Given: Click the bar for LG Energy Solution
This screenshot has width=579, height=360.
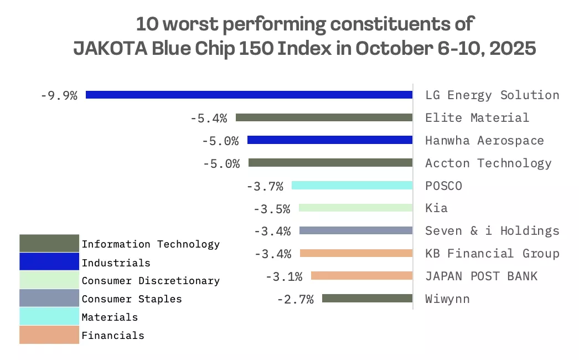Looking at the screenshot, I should [249, 95].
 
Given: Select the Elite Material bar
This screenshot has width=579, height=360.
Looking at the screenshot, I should [324, 117].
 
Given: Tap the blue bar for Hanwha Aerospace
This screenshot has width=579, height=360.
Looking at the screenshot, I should [330, 140].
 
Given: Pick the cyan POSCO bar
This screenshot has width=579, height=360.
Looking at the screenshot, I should [352, 186].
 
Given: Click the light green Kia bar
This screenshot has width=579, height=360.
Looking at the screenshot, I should [355, 208].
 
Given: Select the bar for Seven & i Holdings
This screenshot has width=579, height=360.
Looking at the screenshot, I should [356, 230].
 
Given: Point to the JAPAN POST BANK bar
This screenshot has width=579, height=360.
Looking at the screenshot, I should [362, 276].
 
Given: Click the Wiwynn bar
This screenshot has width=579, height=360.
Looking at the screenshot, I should [367, 299].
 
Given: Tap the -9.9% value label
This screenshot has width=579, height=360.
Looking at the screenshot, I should [59, 95].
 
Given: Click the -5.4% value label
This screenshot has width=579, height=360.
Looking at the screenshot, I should [209, 118].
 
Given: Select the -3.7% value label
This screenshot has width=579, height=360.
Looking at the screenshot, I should [265, 186].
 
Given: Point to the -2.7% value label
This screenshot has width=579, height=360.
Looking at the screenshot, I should [295, 299].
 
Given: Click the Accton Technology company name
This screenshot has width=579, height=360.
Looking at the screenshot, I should [488, 163].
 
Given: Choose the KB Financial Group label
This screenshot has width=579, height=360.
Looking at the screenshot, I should [492, 253].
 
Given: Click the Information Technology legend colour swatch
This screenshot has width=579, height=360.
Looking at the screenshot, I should [49, 243].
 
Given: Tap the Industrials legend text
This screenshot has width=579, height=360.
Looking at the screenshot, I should [116, 263].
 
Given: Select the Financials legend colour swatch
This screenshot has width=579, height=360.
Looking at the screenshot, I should [49, 335].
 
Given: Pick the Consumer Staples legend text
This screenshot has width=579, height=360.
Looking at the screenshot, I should [131, 299].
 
